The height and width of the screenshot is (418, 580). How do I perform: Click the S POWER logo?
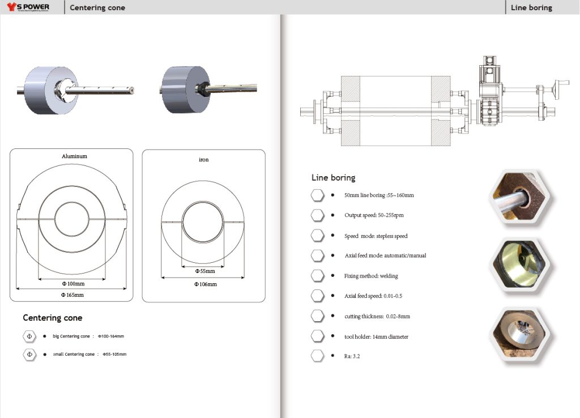28,7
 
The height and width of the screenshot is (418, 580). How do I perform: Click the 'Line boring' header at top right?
531,8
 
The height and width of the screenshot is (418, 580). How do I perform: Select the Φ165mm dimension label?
72,295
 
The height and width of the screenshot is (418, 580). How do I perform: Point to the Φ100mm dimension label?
73,283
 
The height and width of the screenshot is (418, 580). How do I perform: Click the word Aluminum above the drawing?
74,156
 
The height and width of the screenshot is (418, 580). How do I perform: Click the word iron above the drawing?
204,160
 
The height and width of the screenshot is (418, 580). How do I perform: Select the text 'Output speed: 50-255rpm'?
374,215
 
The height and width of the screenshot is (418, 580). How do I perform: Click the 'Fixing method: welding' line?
371,276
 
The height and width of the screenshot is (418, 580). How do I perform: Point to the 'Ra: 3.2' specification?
352,357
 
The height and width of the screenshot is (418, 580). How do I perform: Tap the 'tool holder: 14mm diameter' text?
376,337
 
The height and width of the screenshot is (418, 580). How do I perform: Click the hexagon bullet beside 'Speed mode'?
317,236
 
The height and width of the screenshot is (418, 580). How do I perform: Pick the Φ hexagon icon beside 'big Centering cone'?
29,336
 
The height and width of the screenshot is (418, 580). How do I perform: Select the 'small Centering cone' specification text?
89,355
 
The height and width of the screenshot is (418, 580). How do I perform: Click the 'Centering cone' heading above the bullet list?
52,318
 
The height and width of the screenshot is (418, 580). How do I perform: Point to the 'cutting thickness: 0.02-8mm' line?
377,317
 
